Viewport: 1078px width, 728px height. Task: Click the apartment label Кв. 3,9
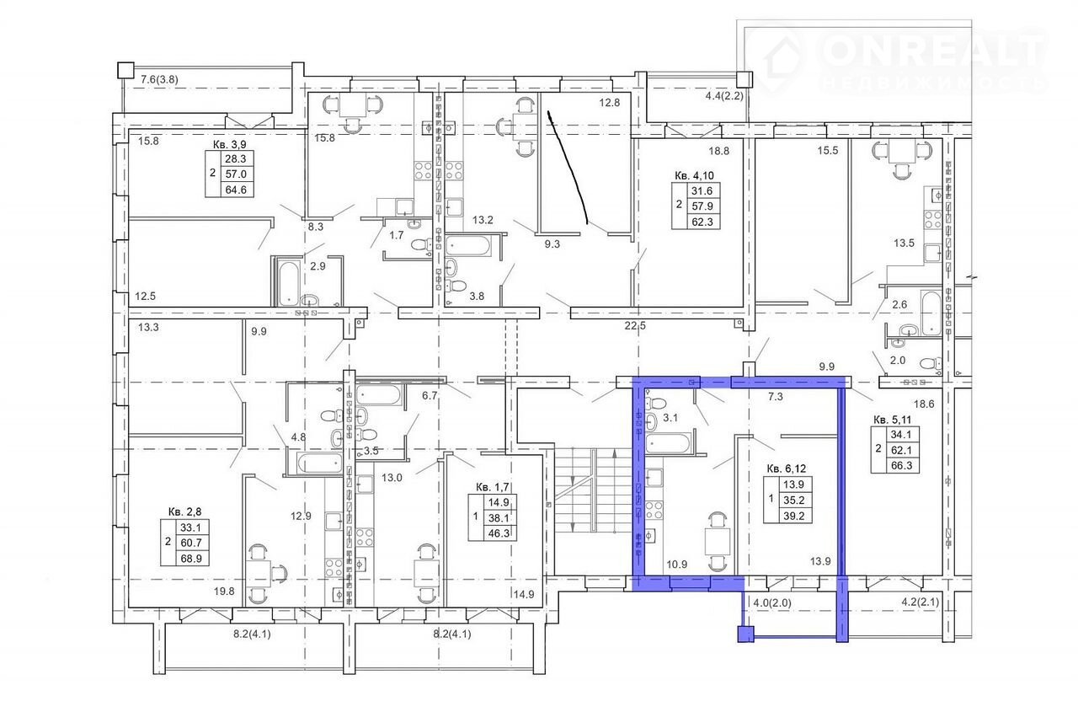(229, 144)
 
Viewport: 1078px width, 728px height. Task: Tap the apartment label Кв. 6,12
(787, 468)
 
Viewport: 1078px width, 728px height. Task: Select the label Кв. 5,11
(892, 420)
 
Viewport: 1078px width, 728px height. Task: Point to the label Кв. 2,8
(184, 511)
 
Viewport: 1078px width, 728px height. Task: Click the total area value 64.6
(236, 190)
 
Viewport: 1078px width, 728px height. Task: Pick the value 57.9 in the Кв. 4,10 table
(702, 206)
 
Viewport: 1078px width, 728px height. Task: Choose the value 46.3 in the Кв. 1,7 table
(499, 533)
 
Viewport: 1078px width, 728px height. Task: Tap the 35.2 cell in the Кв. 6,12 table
(793, 500)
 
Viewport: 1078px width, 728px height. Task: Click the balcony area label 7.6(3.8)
(159, 79)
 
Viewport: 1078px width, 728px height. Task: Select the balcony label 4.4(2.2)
(724, 96)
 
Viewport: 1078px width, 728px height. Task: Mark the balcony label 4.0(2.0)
(772, 602)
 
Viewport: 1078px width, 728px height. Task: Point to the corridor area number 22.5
(635, 326)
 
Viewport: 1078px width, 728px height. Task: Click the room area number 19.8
(224, 591)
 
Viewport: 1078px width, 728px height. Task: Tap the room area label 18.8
(718, 151)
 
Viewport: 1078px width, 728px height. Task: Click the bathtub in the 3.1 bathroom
(669, 443)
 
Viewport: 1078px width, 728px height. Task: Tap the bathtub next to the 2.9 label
(289, 284)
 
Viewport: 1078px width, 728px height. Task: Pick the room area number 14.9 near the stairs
(523, 595)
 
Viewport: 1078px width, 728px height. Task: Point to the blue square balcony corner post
(745, 633)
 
